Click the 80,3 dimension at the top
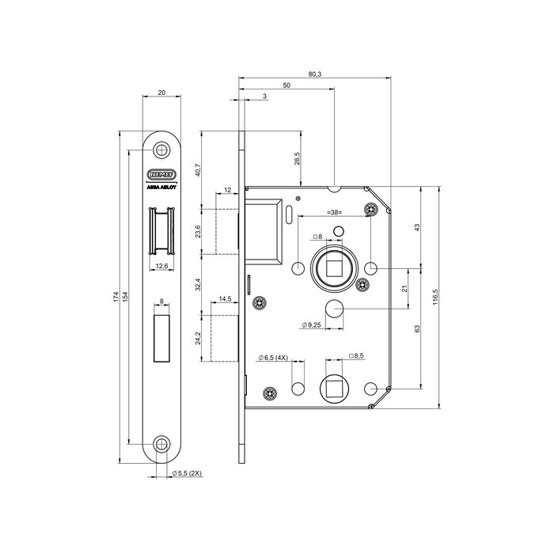314,74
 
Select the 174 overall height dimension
116,298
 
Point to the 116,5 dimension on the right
435,298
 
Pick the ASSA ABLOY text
161,188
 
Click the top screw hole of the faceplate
161,150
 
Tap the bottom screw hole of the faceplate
161,444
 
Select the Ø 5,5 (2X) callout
187,473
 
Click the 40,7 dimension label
198,169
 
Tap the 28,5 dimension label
298,158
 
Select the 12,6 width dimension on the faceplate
161,266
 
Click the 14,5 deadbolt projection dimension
225,299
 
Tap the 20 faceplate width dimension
161,93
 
